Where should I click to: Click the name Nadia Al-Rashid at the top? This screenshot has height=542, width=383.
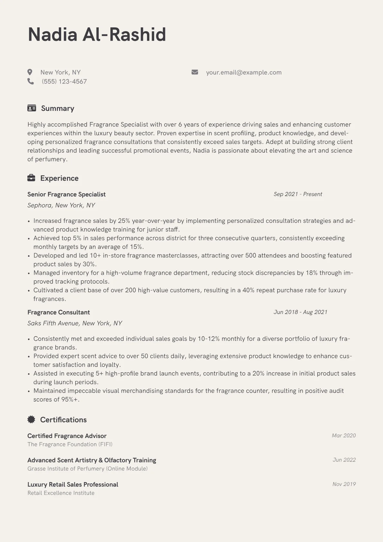pos(97,34)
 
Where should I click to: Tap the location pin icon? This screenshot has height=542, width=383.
pos(30,72)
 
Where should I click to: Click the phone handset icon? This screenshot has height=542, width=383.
pos(31,81)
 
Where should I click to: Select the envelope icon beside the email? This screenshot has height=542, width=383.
pos(195,72)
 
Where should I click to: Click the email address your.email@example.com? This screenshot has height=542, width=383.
pos(244,72)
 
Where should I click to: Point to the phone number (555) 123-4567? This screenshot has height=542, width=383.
pos(64,81)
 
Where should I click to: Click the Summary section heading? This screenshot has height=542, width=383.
pos(58,108)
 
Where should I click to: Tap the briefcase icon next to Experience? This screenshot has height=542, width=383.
pos(31,178)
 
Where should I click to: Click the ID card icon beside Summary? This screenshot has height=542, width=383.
pos(32,108)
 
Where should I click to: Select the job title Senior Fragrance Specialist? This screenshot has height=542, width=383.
pos(66,194)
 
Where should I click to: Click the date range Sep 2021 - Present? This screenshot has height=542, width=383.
pos(298,194)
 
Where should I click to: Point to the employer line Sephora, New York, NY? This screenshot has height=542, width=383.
pos(61,205)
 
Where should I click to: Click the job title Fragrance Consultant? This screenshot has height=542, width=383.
pos(59,312)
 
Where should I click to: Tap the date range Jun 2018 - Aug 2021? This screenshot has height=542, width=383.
pos(300,312)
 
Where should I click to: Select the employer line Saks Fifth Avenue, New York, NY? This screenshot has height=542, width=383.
pos(75,323)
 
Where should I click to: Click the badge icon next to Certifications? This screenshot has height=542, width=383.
pos(31,419)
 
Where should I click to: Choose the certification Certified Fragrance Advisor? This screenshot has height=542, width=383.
pos(67,436)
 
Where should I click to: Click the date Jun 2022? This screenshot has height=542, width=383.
pos(344,460)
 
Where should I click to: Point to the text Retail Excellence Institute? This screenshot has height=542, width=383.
pos(61,493)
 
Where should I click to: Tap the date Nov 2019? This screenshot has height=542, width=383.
pos(344,484)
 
